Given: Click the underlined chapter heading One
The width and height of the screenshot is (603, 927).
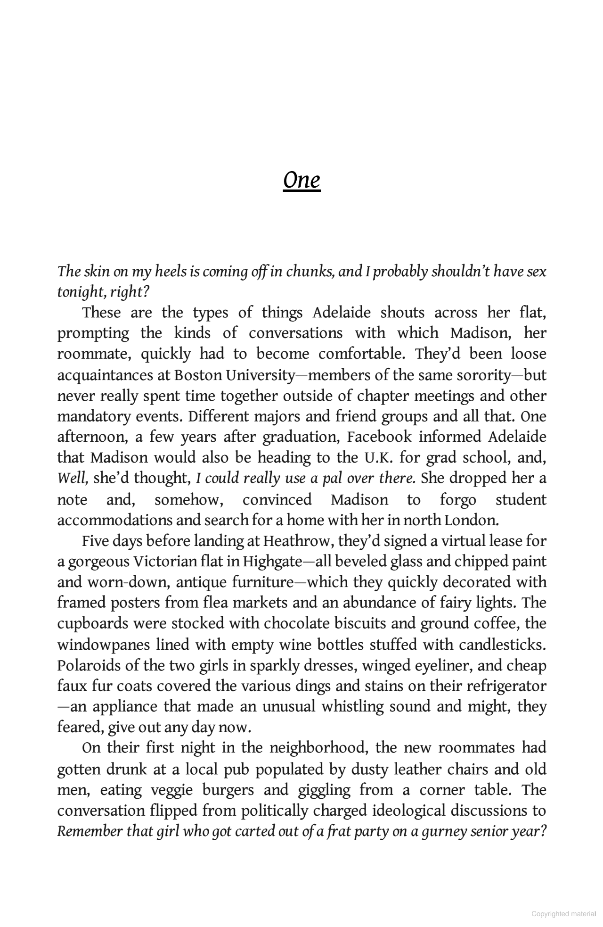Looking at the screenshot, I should click(301, 181).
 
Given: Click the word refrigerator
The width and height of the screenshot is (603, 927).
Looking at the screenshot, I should click(506, 686).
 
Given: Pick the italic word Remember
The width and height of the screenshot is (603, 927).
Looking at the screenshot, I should click(90, 831).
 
